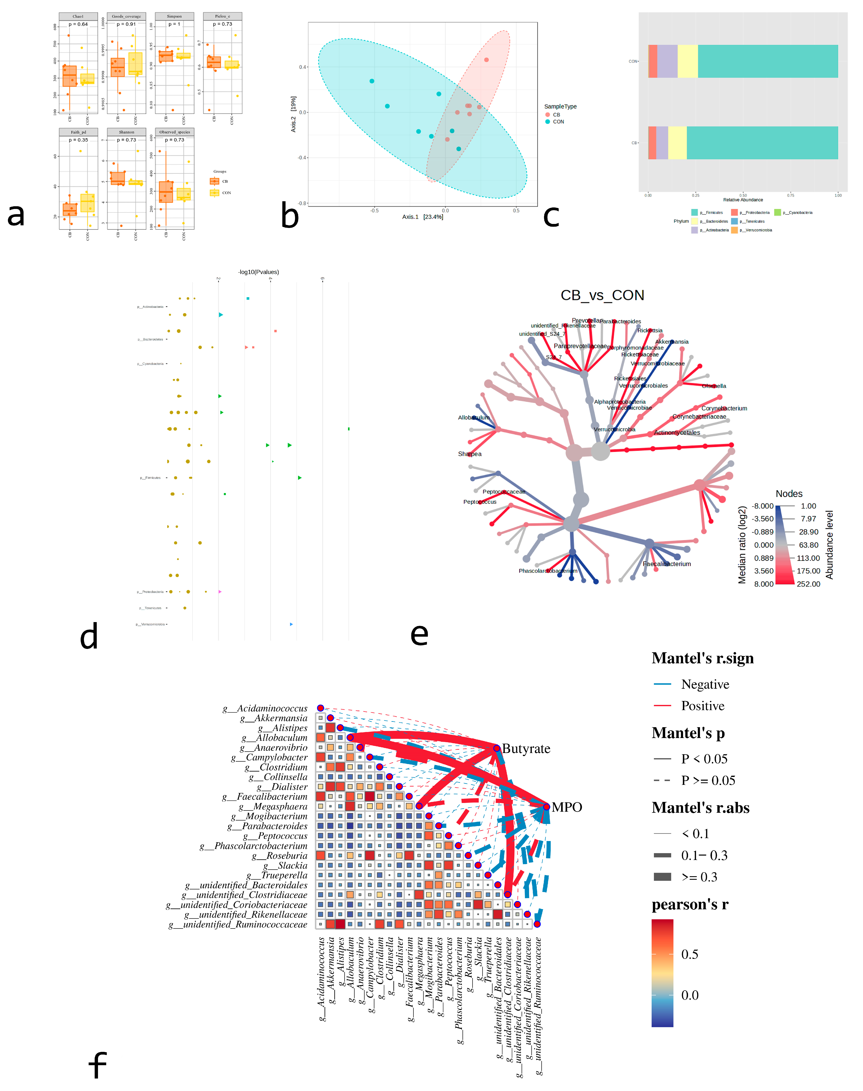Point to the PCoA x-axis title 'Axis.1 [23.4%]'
422,217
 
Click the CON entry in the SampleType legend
558,122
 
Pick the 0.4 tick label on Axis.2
302,67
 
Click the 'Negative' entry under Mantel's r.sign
705,684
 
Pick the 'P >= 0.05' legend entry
707,780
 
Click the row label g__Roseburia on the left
279,856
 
